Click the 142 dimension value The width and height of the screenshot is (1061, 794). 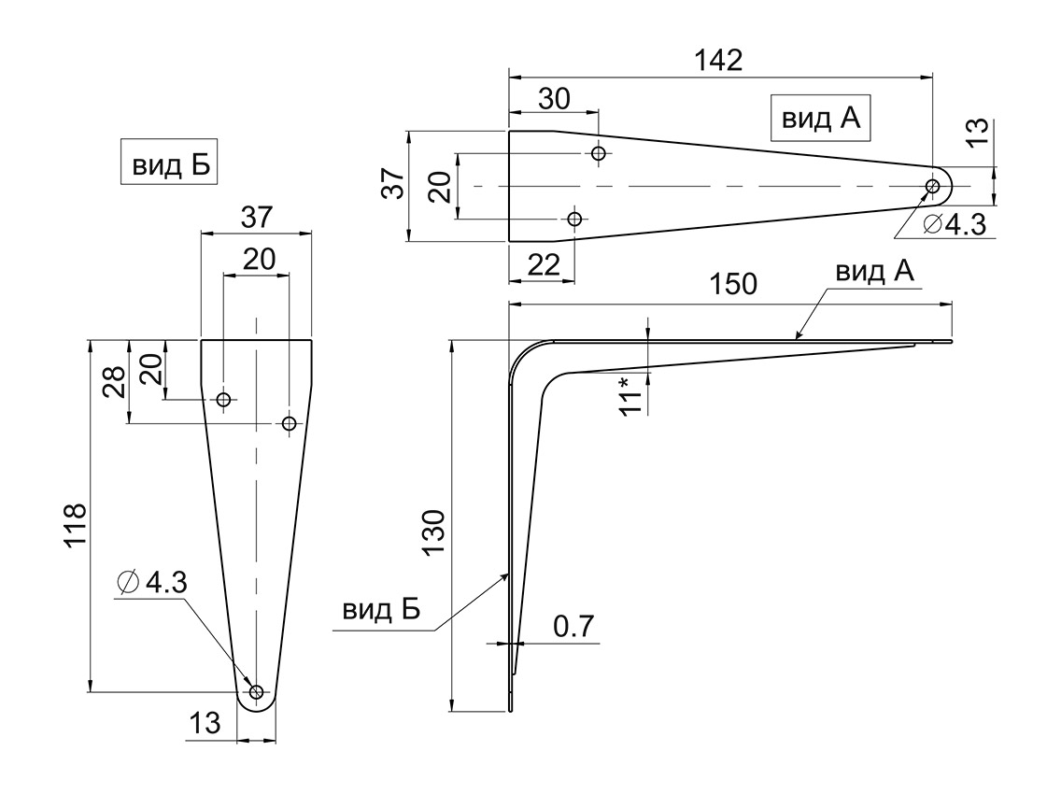tap(718, 60)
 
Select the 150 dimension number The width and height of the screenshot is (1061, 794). tap(733, 284)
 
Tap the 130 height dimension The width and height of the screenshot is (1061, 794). tap(433, 532)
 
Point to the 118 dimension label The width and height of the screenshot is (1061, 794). tap(75, 525)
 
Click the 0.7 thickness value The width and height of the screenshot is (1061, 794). tap(573, 626)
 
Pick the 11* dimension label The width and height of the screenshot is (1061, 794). tap(630, 397)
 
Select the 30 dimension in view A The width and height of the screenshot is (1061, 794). tap(554, 99)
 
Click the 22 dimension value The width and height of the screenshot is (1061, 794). tap(544, 264)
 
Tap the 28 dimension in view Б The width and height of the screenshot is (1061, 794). tap(114, 382)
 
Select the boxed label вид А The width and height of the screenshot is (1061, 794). tap(821, 119)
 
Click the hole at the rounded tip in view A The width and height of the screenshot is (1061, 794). tap(932, 186)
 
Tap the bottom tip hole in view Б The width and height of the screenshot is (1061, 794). tap(257, 692)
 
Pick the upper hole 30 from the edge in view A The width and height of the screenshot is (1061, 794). tap(598, 153)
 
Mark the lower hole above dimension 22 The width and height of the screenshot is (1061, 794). tap(574, 219)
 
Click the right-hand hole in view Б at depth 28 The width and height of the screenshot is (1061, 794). tap(289, 424)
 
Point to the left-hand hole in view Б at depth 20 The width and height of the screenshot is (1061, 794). tap(224, 400)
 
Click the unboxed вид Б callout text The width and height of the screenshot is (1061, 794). tap(381, 609)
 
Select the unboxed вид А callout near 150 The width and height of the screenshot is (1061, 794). tap(874, 272)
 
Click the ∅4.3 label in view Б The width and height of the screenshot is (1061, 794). tap(152, 582)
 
